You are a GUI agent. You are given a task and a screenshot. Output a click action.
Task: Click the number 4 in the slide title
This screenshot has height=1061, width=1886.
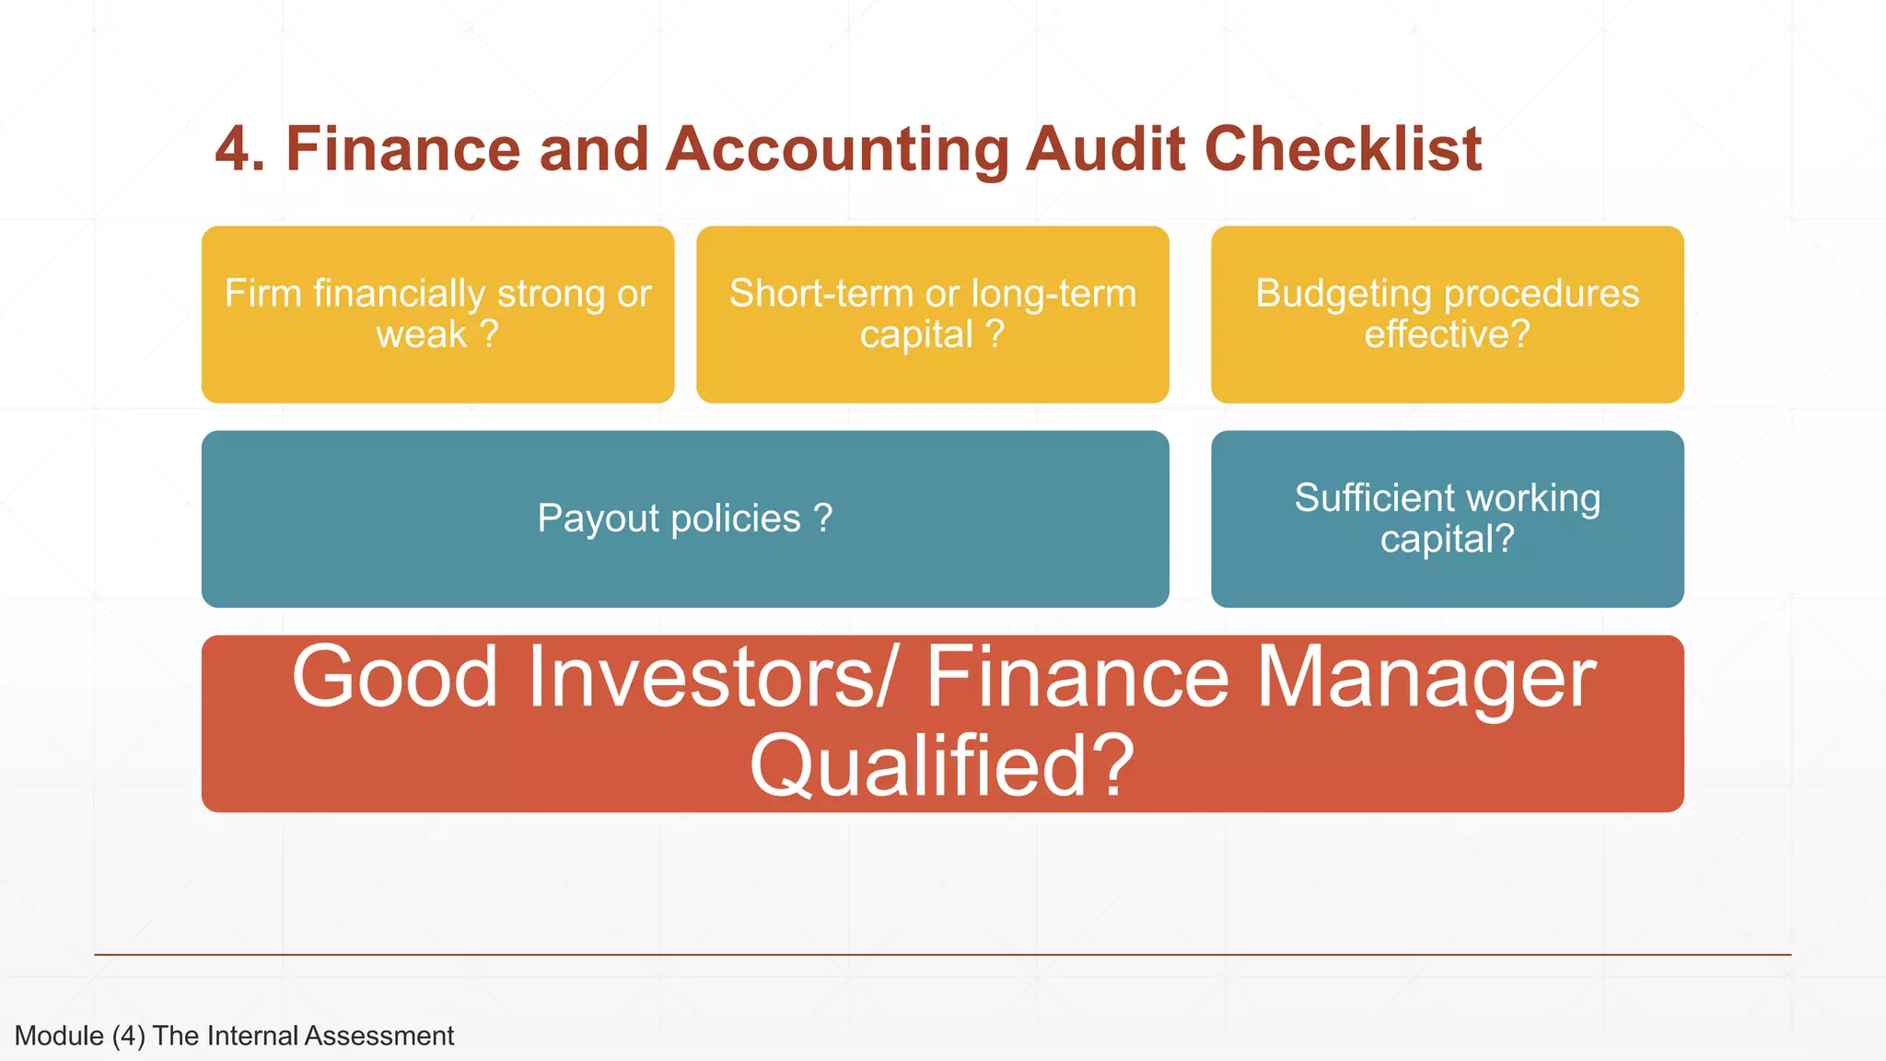coord(234,149)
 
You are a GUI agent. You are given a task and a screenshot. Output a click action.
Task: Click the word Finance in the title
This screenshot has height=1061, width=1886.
coord(403,149)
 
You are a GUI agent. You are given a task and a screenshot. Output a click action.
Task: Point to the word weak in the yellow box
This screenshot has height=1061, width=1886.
coord(422,334)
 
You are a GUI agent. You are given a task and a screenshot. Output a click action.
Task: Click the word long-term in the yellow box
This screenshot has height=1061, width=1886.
coord(1054,294)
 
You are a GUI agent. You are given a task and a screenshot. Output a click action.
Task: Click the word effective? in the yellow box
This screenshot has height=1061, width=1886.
coord(1447,334)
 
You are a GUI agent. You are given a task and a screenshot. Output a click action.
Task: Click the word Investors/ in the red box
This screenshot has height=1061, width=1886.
coord(710,678)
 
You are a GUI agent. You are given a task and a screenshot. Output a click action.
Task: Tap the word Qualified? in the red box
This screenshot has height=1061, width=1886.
coord(941,766)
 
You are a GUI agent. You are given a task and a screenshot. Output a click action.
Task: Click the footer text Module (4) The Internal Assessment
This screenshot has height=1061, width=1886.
coord(234,1036)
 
